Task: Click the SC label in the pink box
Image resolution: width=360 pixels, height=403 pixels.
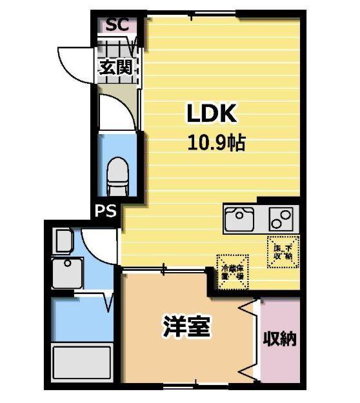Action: pyautogui.click(x=117, y=25)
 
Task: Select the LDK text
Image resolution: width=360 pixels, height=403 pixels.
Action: pyautogui.click(x=213, y=114)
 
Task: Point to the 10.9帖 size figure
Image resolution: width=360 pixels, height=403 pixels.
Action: pyautogui.click(x=215, y=142)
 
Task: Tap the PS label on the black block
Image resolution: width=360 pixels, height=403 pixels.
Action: pyautogui.click(x=106, y=211)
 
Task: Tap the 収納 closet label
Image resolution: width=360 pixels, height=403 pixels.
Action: pyautogui.click(x=279, y=339)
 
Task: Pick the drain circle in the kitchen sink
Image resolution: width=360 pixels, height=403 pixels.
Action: pyautogui.click(x=234, y=215)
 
